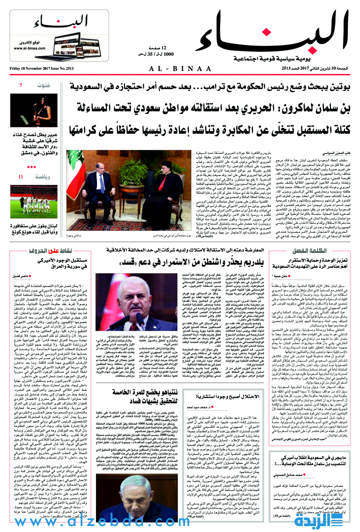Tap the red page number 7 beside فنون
click(20, 85)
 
